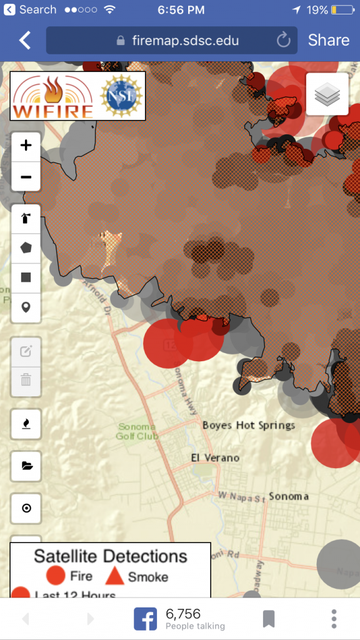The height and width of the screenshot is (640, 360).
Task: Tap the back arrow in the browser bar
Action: click(25, 41)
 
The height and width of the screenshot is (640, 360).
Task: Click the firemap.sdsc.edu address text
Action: click(185, 41)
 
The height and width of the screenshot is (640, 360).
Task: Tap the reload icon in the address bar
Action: click(283, 41)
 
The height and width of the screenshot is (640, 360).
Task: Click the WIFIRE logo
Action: click(53, 96)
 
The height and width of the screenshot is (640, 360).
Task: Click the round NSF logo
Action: click(121, 96)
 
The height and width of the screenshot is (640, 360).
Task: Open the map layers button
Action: click(327, 94)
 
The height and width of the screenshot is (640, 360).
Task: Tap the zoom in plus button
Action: click(26, 146)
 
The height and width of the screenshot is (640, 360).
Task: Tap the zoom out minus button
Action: click(26, 177)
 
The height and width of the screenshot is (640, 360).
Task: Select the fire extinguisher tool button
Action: click(26, 218)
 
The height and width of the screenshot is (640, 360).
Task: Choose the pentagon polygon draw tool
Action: click(26, 247)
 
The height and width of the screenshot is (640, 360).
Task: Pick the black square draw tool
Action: click(26, 277)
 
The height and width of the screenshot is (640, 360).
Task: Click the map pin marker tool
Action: click(26, 307)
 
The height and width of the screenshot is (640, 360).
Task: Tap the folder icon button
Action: click(26, 465)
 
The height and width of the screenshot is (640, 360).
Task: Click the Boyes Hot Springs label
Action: click(249, 425)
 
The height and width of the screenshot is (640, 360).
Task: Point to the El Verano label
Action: click(215, 457)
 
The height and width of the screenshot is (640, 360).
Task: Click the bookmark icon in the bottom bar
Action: click(269, 619)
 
